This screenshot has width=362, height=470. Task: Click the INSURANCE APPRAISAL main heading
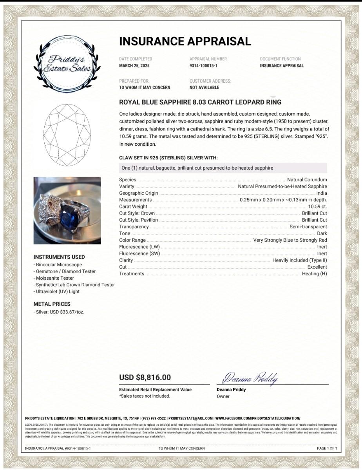(185, 41)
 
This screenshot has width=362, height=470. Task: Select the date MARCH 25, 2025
(134, 66)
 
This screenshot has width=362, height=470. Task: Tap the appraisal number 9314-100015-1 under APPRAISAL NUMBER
(203, 66)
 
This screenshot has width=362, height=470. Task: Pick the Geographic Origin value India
(321, 193)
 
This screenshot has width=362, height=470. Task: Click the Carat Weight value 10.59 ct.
(317, 206)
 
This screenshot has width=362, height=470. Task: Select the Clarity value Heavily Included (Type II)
(299, 260)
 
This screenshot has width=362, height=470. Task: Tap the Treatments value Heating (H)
(314, 274)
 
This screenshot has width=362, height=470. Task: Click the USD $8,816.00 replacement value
(145, 378)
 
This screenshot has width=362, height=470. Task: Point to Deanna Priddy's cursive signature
(250, 378)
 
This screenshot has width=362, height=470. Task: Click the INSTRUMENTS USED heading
(59, 257)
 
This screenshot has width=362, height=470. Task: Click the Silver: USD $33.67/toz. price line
(59, 312)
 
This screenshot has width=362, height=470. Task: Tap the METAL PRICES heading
(52, 304)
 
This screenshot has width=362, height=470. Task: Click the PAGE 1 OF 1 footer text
(326, 448)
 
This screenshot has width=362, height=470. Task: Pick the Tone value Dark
(322, 233)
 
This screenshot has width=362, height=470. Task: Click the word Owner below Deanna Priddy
(223, 396)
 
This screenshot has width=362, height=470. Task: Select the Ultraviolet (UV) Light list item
(57, 291)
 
